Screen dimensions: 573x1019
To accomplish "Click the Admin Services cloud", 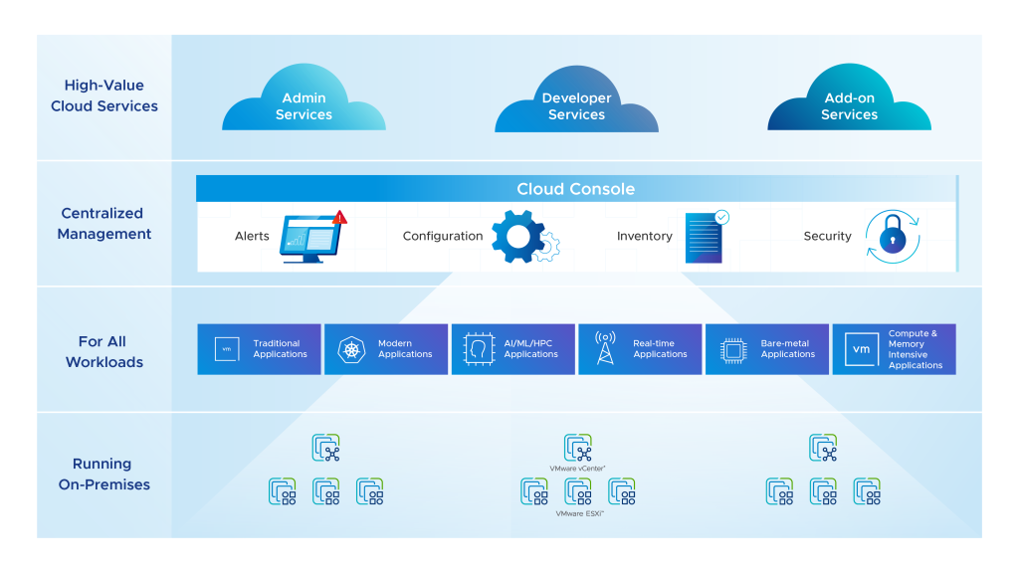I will [x=304, y=105].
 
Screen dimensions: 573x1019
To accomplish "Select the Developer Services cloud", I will [x=576, y=105].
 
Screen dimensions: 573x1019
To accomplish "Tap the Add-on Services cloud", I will [x=849, y=105].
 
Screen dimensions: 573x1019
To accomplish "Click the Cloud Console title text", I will [x=575, y=189].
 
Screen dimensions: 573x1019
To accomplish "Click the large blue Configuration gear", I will [x=518, y=237].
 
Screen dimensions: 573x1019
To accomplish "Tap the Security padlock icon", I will [x=892, y=237].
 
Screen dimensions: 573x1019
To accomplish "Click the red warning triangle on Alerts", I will [x=339, y=216].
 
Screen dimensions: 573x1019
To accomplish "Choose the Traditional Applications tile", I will [x=259, y=349].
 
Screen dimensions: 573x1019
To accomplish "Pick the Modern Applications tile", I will [x=386, y=349].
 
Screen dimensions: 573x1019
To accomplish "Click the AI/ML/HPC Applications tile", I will [x=512, y=349].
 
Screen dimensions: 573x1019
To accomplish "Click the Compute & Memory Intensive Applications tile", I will [x=894, y=349].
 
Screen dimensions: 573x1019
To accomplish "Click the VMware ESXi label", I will [x=578, y=513].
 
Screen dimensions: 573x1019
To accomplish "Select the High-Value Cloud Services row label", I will [x=104, y=95].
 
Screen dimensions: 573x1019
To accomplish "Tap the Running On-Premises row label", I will [x=103, y=475].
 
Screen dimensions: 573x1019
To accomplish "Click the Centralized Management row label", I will [x=104, y=224].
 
